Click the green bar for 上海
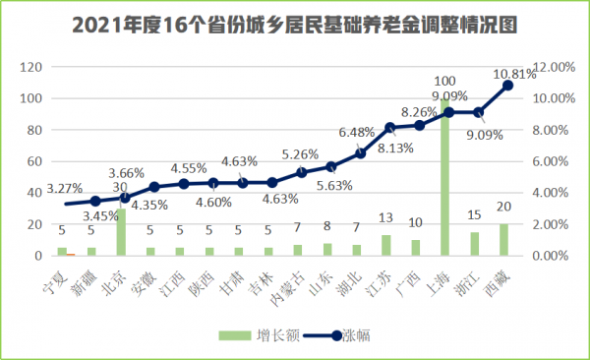pos(445,177)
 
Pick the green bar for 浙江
pos(475,244)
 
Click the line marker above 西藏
pos(508,86)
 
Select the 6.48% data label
pos(357,132)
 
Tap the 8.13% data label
pos(394,150)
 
